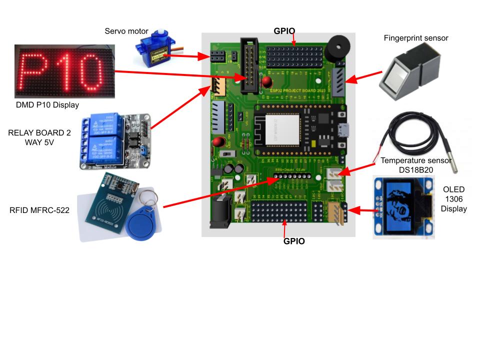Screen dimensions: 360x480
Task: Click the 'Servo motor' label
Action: pyautogui.click(x=126, y=31)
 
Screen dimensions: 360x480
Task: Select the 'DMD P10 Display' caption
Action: pyautogui.click(x=47, y=104)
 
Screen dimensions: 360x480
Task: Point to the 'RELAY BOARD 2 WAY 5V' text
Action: pyautogui.click(x=39, y=137)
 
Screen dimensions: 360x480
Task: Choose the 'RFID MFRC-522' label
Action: pyautogui.click(x=39, y=210)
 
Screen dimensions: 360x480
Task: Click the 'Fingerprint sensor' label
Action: pyautogui.click(x=416, y=38)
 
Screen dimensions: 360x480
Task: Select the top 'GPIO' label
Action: pyautogui.click(x=284, y=30)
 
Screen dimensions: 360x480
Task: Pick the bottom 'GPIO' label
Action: pyautogui.click(x=294, y=241)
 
